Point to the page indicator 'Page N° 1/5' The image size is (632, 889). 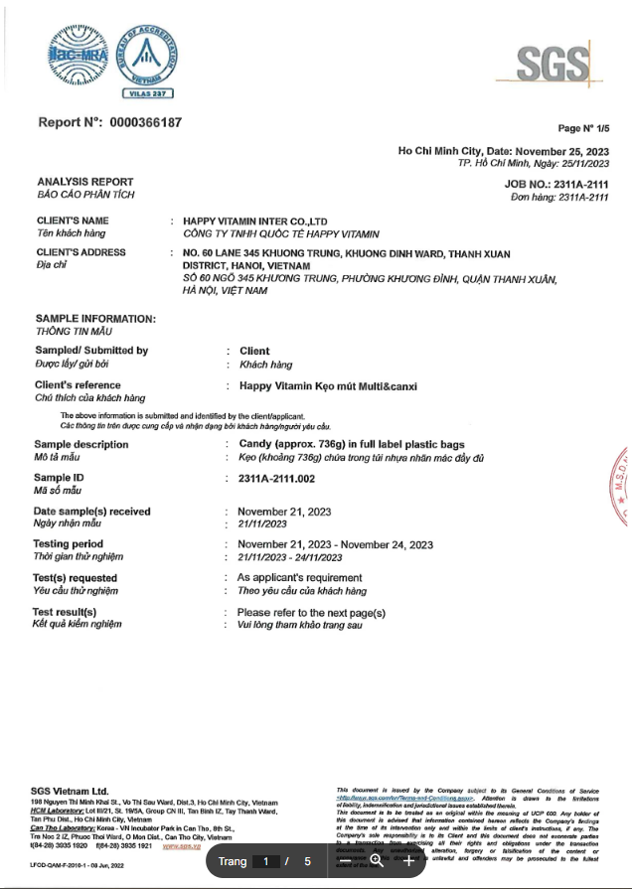tap(582, 128)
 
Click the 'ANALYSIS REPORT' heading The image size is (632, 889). tap(84, 182)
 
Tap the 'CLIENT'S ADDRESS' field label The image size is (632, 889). tap(81, 252)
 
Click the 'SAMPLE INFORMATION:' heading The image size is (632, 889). tap(95, 318)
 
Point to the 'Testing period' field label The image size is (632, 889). tap(69, 544)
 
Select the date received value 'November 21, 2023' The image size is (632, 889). tap(285, 511)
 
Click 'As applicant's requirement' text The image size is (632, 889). tap(299, 577)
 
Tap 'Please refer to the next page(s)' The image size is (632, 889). tap(311, 613)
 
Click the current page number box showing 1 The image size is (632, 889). tap(265, 861)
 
